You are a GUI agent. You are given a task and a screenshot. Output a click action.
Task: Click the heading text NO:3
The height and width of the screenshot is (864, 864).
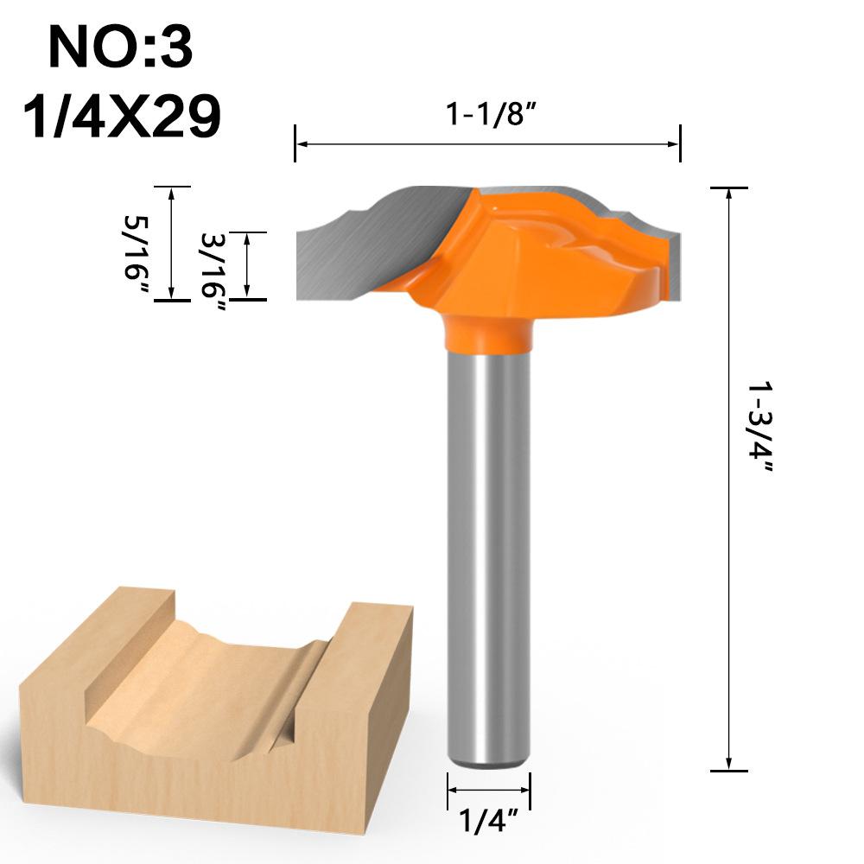[120, 48]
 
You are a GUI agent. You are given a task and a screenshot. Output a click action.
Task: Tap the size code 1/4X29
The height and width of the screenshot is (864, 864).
[121, 116]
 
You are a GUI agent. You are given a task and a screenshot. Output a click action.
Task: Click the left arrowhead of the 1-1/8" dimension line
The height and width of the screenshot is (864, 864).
[301, 143]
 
